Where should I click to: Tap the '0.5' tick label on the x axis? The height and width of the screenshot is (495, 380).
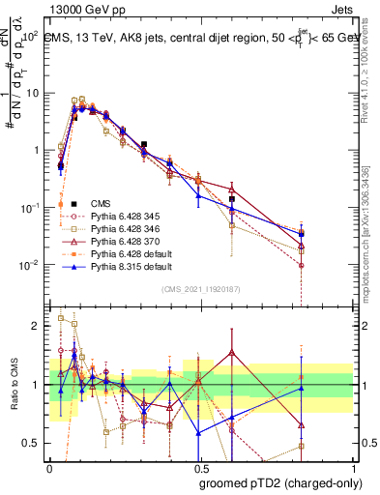[200, 467]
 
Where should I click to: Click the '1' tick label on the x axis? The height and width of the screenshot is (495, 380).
[352, 467]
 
